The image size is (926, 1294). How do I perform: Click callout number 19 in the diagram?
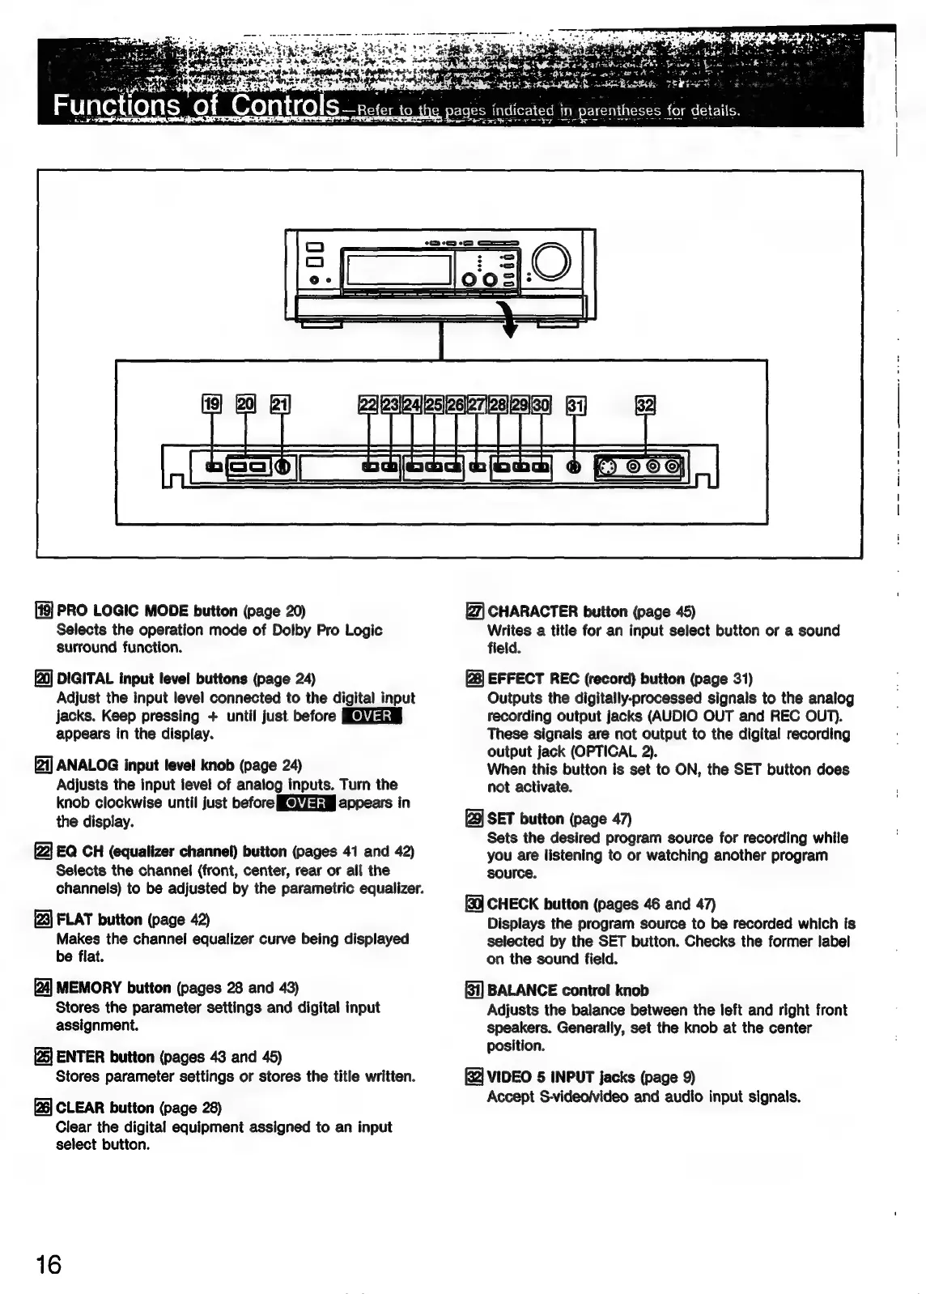[x=210, y=404]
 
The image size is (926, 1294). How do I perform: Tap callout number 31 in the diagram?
[x=576, y=404]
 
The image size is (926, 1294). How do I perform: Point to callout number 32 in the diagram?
[x=645, y=404]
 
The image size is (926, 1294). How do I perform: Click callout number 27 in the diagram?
[x=477, y=404]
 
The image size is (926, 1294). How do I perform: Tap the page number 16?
[x=49, y=1264]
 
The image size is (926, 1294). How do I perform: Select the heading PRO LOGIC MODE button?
[x=147, y=611]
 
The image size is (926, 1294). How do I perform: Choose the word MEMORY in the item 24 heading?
[x=89, y=988]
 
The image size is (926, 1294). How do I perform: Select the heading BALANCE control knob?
[x=567, y=990]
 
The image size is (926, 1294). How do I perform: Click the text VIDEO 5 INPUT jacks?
[x=561, y=1077]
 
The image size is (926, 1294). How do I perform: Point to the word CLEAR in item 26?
[x=80, y=1108]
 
